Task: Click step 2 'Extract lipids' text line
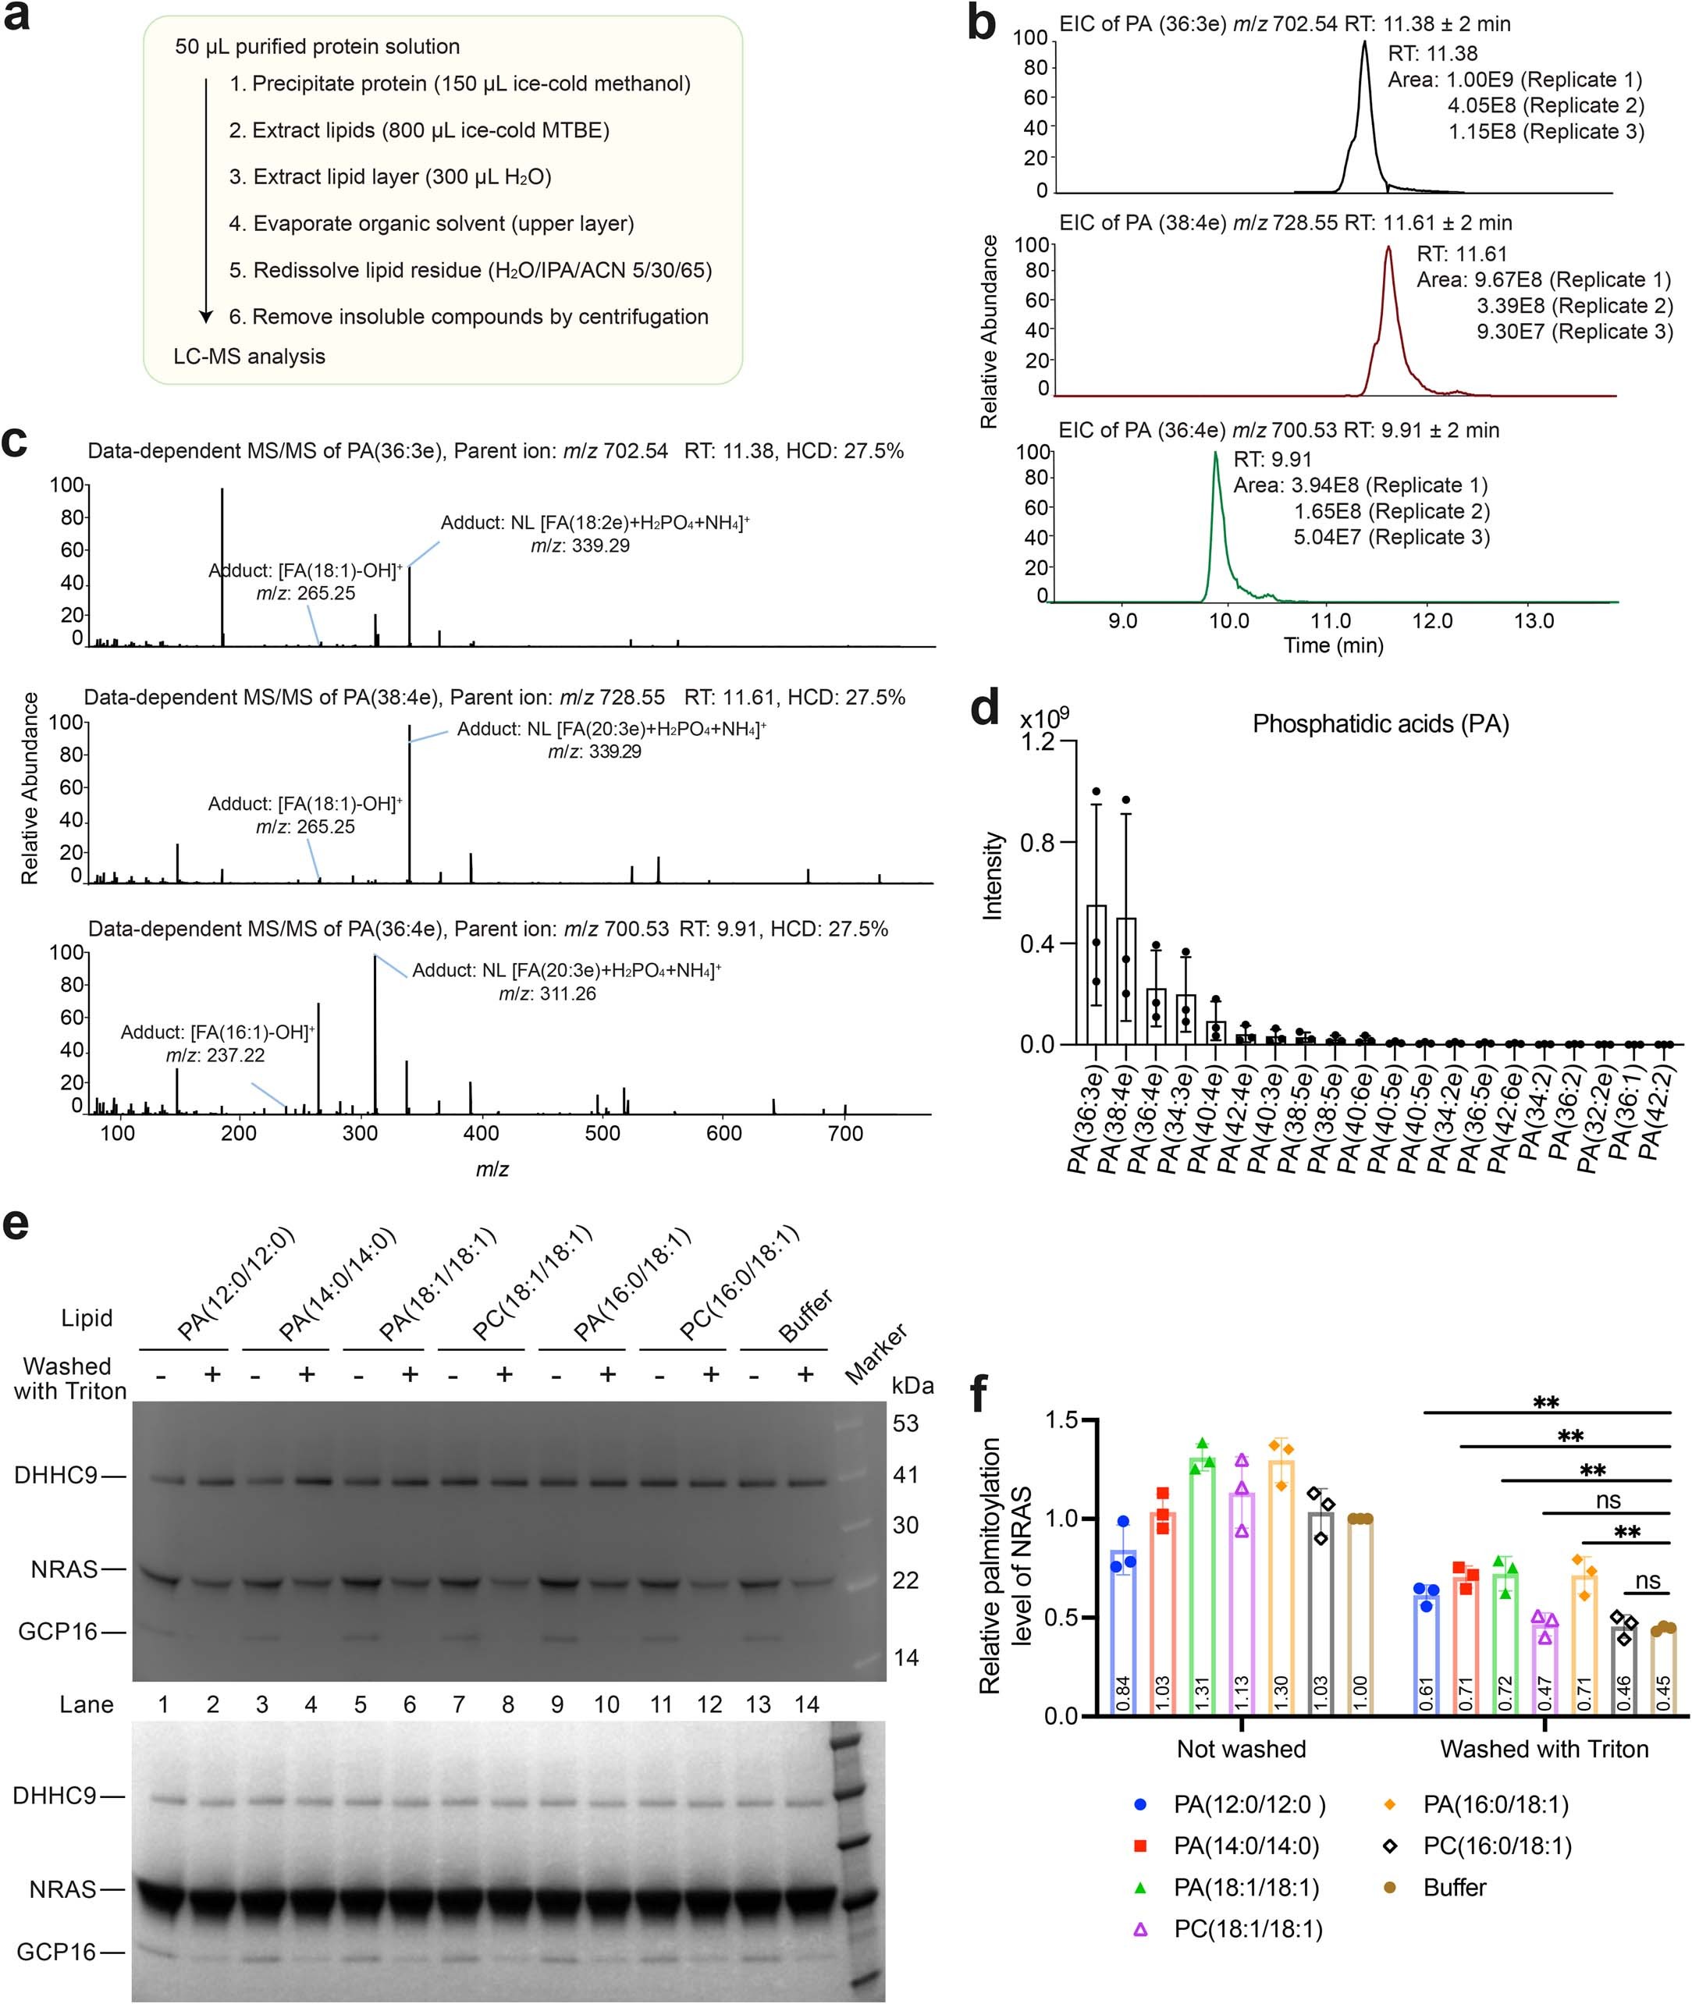tap(419, 130)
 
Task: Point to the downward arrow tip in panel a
tap(205, 318)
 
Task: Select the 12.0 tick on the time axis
tap(1432, 621)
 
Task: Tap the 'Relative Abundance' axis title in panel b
tap(989, 331)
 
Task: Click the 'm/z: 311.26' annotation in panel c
tap(547, 994)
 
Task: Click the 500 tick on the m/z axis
tap(603, 1133)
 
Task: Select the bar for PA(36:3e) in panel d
tap(1096, 973)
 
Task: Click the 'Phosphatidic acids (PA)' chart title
tap(1381, 724)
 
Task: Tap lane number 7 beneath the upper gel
tap(458, 1704)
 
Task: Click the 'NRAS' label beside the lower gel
tap(63, 1889)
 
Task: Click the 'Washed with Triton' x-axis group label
tap(1544, 1749)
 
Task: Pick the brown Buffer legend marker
tap(1389, 1887)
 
